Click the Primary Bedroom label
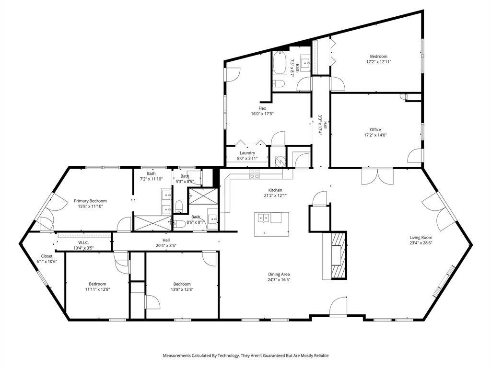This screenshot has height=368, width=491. click(x=90, y=201)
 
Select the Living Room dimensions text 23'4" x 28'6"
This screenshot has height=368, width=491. click(x=421, y=243)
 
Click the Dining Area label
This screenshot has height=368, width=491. click(x=279, y=274)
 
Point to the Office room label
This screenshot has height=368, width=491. click(x=375, y=129)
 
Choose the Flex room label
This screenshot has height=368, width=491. click(x=262, y=108)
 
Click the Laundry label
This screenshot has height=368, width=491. click(x=247, y=153)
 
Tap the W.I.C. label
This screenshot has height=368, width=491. click(x=82, y=242)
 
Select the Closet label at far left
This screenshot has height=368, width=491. click(x=47, y=256)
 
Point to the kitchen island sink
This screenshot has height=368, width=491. click(x=263, y=218)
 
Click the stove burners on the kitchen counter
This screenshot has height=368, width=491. click(x=254, y=174)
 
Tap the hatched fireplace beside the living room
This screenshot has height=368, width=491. click(x=339, y=255)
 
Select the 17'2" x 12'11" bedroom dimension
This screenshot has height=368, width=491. click(x=378, y=62)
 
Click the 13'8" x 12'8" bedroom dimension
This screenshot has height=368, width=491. click(x=182, y=289)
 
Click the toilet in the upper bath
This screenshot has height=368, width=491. click(x=279, y=84)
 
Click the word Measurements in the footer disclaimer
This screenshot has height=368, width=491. click(x=179, y=356)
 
